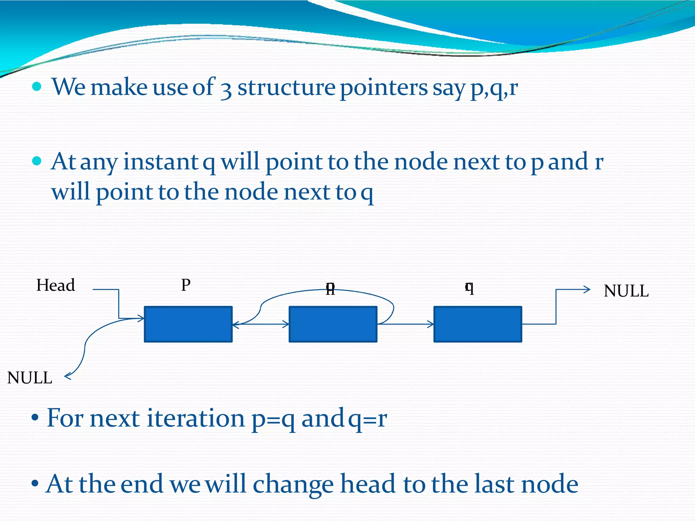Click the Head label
(55, 285)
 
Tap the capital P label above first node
(186, 285)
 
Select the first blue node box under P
(188, 324)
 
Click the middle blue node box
(333, 324)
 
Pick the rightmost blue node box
(478, 324)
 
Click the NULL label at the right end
(626, 291)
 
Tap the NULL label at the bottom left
(30, 378)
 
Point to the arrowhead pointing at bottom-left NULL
(67, 376)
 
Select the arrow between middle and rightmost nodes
(406, 324)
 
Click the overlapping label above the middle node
(330, 289)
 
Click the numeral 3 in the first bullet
(226, 89)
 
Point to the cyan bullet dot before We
(37, 87)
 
